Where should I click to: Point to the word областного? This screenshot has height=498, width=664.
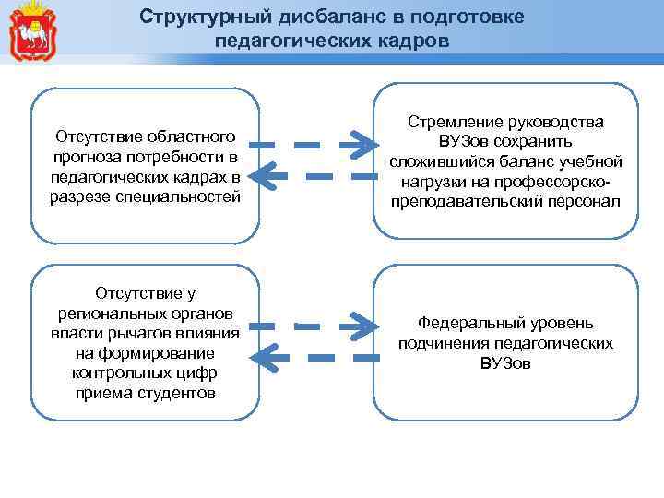coord(189,136)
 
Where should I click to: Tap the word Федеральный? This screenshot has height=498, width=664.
coord(467,324)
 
